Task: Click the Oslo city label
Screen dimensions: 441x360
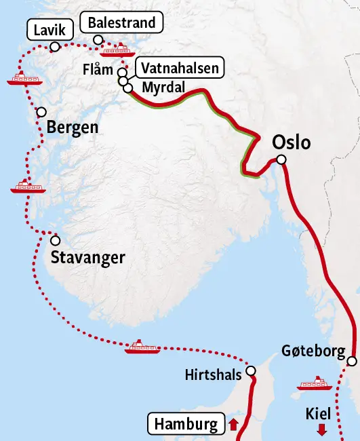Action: pyautogui.click(x=291, y=143)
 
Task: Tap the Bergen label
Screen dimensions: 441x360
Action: pyautogui.click(x=73, y=128)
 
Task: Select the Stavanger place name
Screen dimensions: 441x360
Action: pyautogui.click(x=87, y=258)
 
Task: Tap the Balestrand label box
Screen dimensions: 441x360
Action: pyautogui.click(x=122, y=23)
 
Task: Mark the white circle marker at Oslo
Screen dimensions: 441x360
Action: pyautogui.click(x=281, y=160)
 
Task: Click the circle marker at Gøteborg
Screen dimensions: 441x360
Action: pyautogui.click(x=351, y=362)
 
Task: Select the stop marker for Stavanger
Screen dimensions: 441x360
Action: pyautogui.click(x=55, y=240)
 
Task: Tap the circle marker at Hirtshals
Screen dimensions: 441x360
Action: pyautogui.click(x=251, y=371)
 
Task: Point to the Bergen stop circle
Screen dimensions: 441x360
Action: pyautogui.click(x=42, y=112)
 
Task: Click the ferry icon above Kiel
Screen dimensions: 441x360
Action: pyautogui.click(x=315, y=384)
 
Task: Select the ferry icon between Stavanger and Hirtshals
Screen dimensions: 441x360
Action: pyautogui.click(x=142, y=347)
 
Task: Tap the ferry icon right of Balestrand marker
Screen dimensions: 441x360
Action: pyautogui.click(x=113, y=50)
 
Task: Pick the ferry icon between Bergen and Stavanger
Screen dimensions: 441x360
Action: pyautogui.click(x=28, y=186)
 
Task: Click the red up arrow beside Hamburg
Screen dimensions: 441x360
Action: pyautogui.click(x=233, y=425)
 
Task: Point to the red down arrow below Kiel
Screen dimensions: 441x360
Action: pyautogui.click(x=322, y=429)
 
